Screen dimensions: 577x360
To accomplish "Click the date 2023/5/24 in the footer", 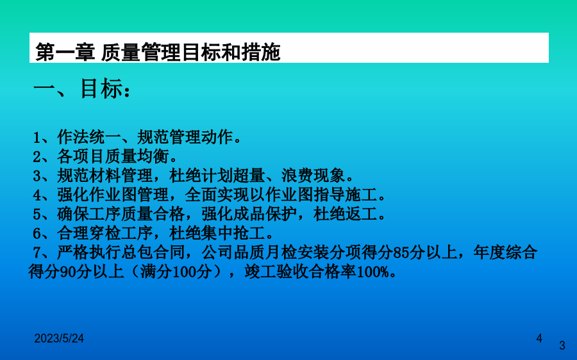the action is coord(59,338).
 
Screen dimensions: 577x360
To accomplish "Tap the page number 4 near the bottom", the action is coord(539,338).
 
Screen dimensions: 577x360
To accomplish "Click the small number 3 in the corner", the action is coord(562,345).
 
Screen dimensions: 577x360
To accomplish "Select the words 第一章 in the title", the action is coord(65,52).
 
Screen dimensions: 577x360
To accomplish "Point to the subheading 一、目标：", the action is coord(81,89).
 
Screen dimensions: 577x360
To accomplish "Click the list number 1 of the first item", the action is coord(37,138).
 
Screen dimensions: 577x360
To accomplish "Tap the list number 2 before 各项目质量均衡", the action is coord(37,157).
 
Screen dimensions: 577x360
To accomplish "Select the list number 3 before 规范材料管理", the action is coord(37,176).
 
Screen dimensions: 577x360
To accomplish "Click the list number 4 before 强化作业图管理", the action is coord(37,195).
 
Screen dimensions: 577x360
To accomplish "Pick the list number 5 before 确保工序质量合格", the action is coord(37,214).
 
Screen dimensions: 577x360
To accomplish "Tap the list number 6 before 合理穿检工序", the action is coord(37,233).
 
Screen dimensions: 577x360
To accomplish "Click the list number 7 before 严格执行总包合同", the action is coord(37,252).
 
